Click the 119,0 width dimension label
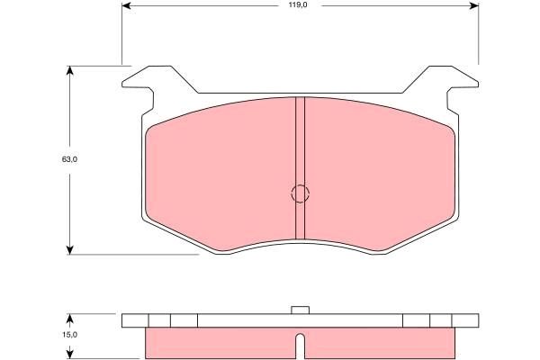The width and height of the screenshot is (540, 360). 298,5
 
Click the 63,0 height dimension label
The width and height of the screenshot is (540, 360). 69,159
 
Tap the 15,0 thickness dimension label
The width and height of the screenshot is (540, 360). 69,335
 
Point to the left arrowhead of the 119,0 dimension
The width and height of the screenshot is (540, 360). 127,5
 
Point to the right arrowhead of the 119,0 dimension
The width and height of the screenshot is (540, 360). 474,5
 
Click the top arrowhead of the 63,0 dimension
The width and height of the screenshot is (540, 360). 70,70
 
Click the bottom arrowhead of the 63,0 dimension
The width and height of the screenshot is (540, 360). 70,250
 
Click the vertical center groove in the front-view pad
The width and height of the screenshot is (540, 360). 301,167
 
